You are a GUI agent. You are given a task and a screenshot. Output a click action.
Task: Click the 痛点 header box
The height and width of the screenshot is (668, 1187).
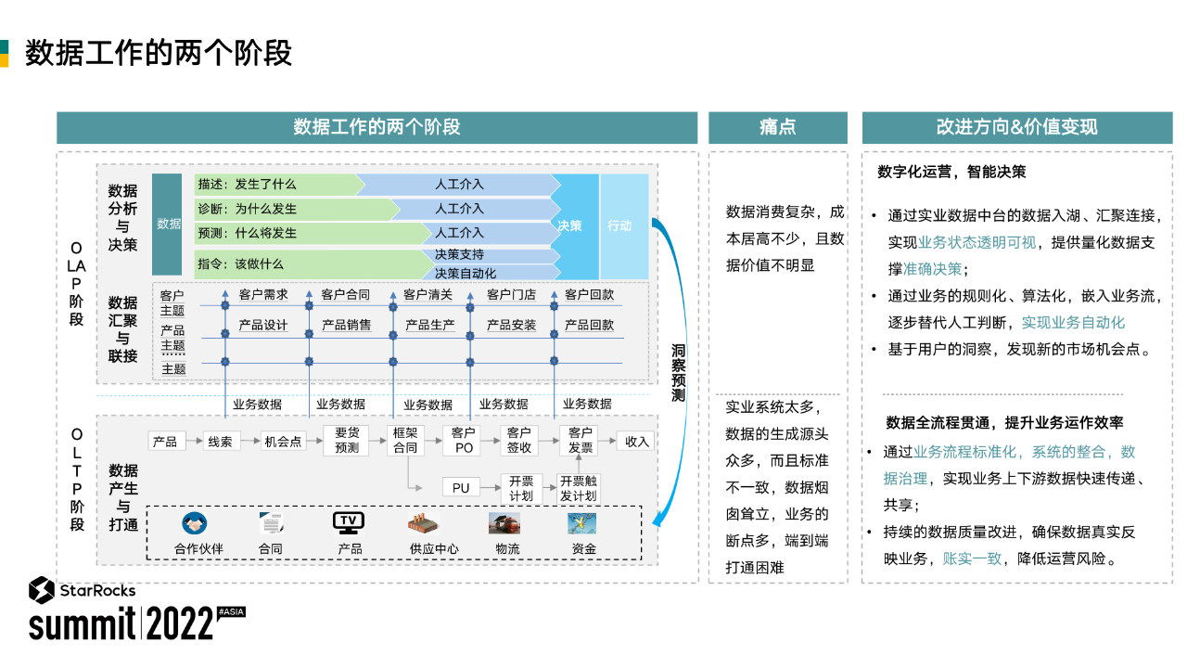point(777,127)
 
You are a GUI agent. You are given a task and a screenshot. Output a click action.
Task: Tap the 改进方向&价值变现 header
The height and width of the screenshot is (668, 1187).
point(1017,127)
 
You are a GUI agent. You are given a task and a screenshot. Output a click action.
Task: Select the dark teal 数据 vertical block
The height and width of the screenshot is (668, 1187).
point(167,225)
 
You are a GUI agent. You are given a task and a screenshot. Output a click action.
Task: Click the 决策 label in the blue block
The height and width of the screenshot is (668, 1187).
point(569,225)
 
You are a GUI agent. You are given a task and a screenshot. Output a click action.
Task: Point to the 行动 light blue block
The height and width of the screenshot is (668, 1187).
point(624,226)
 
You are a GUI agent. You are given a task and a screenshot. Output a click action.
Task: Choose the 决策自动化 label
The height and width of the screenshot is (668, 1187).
point(466,274)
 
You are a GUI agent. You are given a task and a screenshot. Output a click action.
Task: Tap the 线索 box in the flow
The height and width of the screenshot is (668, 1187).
point(220,442)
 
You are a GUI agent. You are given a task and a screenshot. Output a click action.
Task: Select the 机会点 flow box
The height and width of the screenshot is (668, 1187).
point(283,442)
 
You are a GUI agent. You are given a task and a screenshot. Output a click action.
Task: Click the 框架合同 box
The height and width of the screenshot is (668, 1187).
point(405,441)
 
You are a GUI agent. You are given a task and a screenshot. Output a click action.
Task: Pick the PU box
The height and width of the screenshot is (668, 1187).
point(461,488)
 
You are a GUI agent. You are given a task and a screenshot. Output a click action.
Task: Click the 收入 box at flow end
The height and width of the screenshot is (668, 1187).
point(636,442)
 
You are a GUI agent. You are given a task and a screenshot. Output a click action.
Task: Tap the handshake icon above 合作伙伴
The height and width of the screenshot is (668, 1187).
point(195,523)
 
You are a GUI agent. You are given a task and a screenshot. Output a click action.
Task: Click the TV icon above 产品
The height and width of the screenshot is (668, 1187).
point(349,522)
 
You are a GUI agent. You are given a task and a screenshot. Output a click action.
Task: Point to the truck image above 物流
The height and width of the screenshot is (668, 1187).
point(504,524)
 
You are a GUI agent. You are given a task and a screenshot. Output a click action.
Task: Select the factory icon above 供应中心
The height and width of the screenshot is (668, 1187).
point(423,524)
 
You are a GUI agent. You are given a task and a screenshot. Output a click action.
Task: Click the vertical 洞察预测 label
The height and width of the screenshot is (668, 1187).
point(678,373)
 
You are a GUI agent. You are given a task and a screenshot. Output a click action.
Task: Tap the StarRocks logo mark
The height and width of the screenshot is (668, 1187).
point(42,590)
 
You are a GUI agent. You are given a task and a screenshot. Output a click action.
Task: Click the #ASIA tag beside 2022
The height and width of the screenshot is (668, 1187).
point(232,611)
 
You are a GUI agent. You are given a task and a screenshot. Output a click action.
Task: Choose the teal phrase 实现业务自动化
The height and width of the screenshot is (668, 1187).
point(1073,322)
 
